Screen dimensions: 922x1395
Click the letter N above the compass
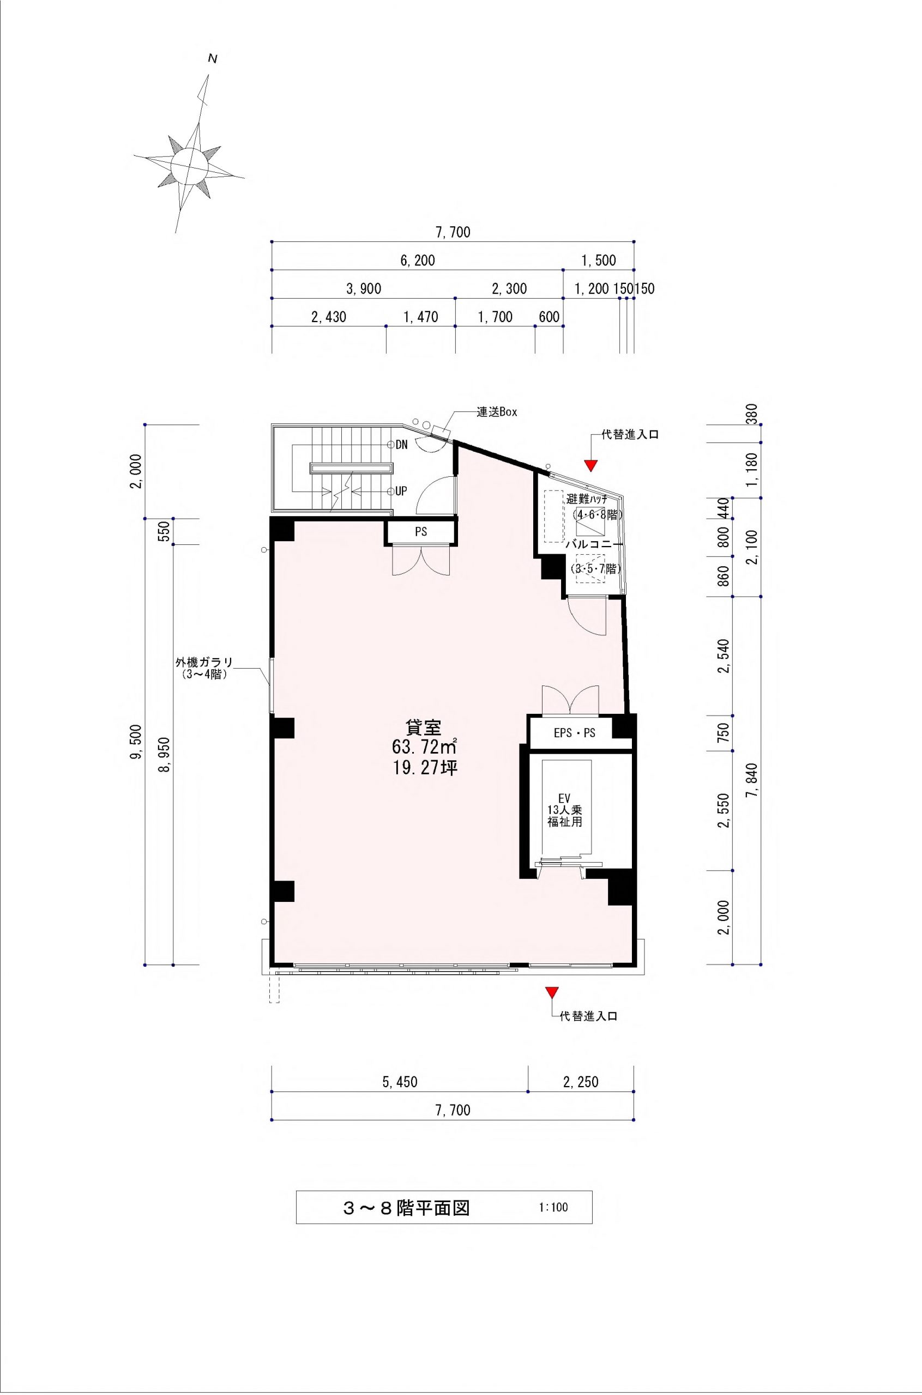pos(213,59)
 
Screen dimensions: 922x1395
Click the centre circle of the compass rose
pos(189,163)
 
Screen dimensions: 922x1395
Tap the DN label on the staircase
pos(402,445)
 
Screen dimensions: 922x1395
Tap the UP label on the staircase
pos(401,490)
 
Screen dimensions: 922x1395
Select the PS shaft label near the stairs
pos(421,532)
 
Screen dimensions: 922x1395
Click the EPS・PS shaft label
pos(575,733)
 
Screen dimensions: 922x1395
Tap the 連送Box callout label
pos(496,413)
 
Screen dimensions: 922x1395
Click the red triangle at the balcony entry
pos(591,465)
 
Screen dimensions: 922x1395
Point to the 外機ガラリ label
pos(204,662)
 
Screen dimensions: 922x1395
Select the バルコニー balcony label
pos(593,545)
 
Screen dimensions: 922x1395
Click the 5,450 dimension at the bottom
pos(400,1082)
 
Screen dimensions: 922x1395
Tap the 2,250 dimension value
pos(581,1082)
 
